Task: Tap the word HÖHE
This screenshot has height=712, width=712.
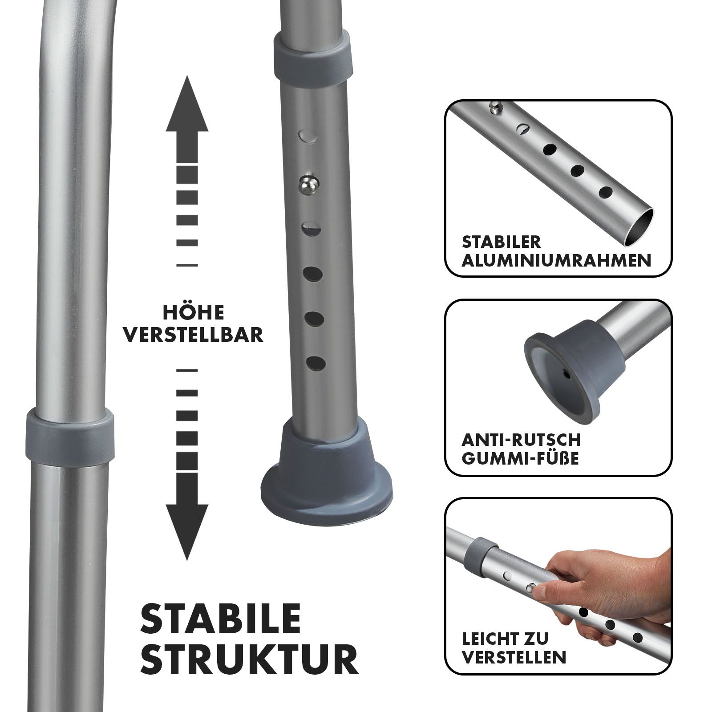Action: click(x=193, y=313)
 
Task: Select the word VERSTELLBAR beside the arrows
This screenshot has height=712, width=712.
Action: click(x=193, y=335)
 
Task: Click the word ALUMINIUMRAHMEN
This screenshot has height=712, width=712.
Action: click(x=556, y=260)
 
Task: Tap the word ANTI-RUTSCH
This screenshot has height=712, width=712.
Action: click(x=521, y=441)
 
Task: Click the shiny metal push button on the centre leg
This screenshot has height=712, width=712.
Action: click(x=308, y=183)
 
